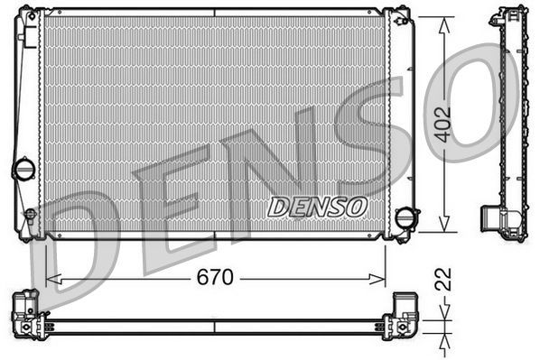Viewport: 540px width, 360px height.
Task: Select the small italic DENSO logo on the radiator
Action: [x=317, y=207]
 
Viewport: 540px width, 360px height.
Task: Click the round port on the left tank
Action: [x=23, y=169]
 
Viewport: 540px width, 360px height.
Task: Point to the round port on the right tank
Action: [x=407, y=218]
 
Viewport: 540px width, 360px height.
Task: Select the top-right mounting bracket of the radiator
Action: [x=398, y=14]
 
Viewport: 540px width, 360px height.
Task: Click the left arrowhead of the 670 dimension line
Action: [x=51, y=278]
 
